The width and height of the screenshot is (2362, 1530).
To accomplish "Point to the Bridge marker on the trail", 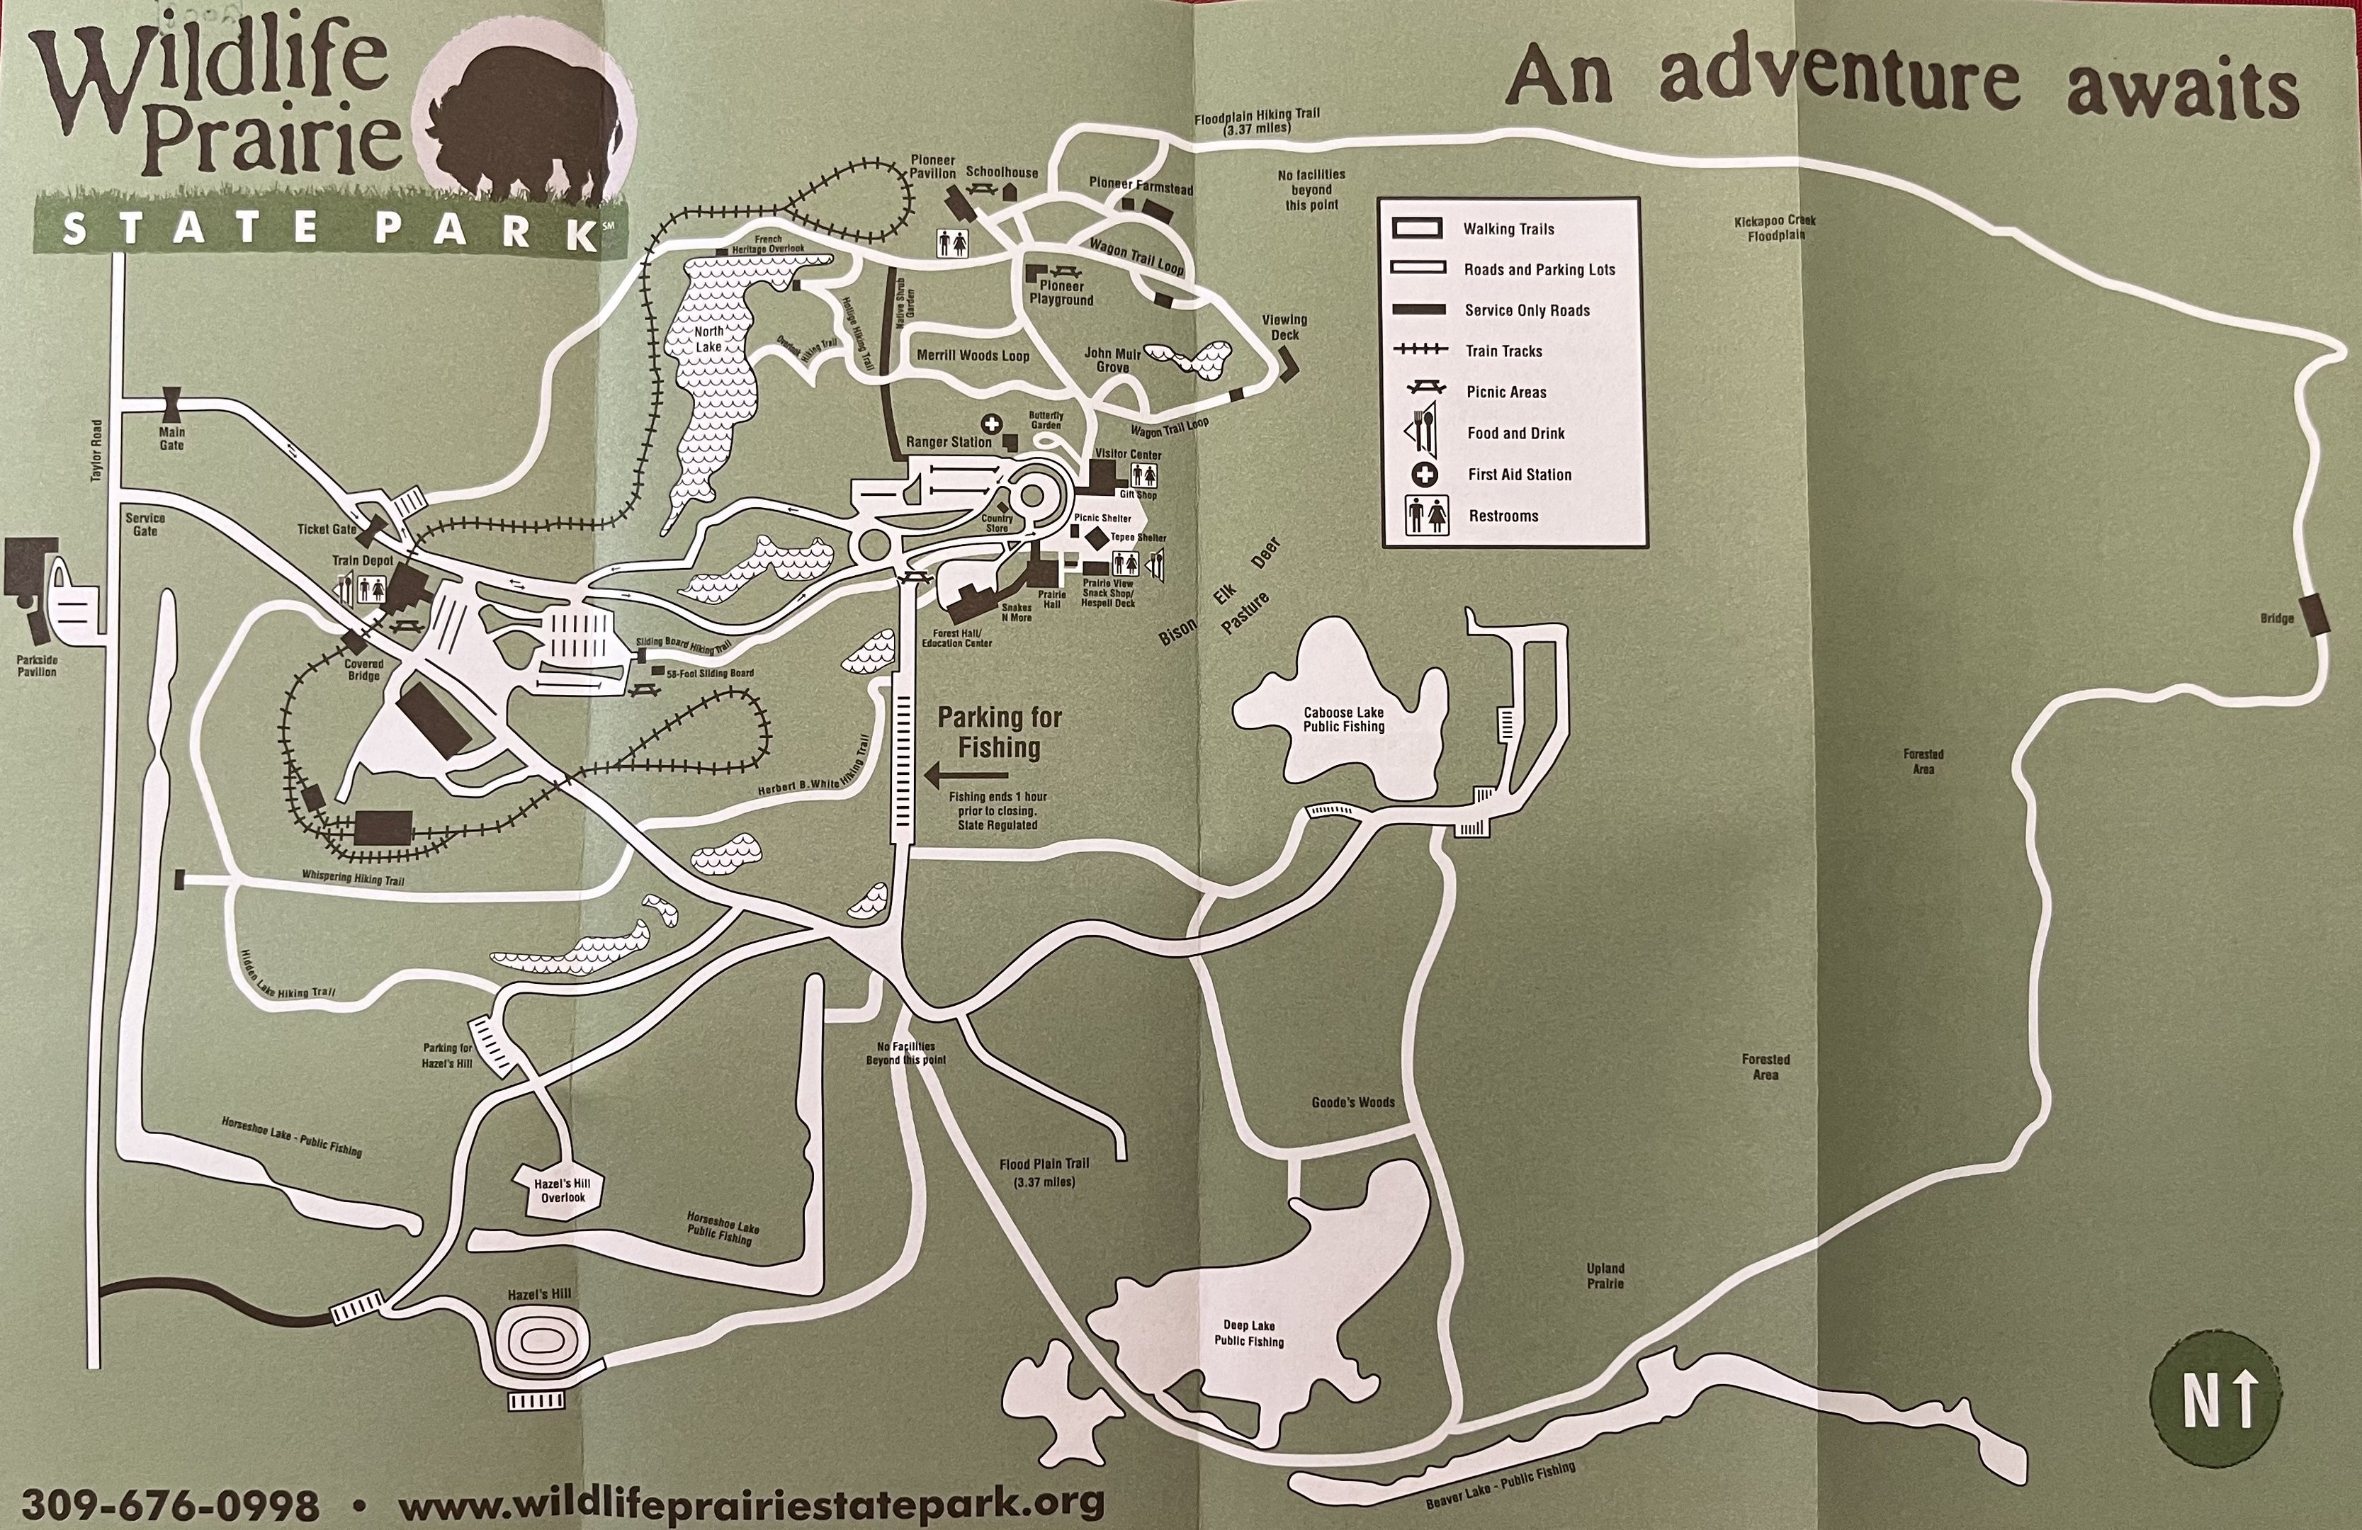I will [2315, 614].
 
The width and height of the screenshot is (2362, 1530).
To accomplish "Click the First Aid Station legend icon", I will [1425, 475].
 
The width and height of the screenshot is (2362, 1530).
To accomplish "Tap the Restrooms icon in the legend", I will [1426, 516].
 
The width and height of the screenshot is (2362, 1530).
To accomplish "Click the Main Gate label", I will [171, 438].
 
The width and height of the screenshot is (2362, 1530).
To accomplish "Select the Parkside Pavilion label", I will [37, 666].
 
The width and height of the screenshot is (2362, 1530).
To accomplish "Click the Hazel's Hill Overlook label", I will [563, 1191].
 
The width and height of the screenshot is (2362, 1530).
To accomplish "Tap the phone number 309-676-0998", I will [170, 1504].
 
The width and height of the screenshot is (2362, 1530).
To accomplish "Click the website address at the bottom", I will [750, 1502].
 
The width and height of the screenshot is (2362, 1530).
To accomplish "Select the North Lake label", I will [708, 339].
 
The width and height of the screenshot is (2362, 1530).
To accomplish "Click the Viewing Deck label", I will [1284, 327].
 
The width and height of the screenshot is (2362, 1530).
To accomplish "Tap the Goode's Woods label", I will [1352, 1102].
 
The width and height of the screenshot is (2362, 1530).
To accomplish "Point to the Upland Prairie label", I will [1605, 1276].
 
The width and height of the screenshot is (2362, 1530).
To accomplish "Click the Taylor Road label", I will [96, 451].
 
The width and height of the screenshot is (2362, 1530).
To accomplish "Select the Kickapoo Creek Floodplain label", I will [1775, 227].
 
